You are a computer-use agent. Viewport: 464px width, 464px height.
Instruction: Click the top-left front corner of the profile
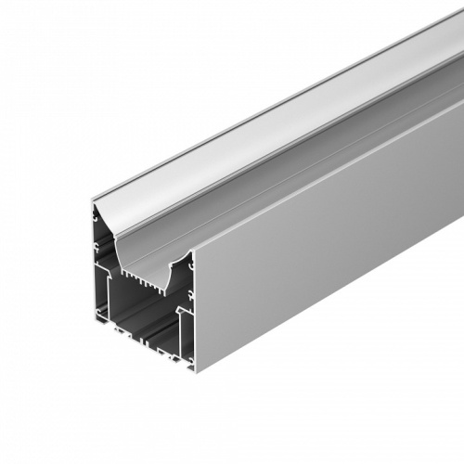coord(93,203)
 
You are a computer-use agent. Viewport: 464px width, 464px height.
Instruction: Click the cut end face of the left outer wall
coord(96,269)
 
